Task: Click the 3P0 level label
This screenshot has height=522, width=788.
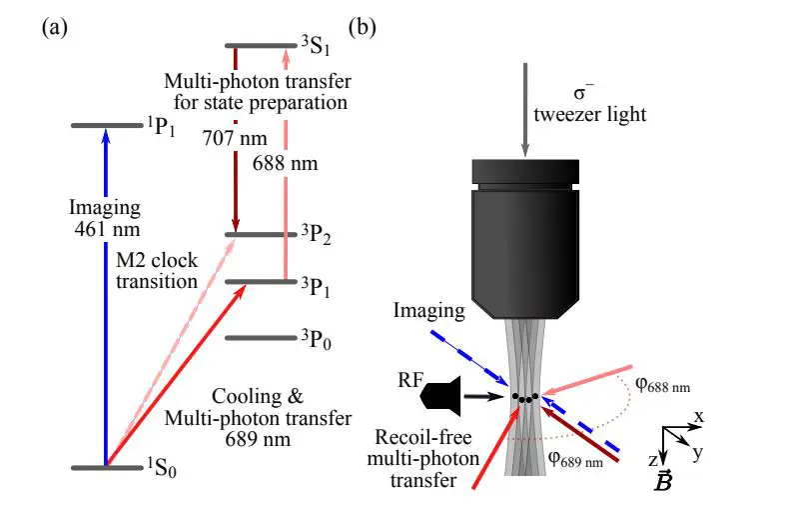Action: click(315, 338)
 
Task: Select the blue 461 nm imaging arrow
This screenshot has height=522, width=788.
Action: click(104, 300)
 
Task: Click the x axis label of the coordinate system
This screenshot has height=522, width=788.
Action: click(699, 414)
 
